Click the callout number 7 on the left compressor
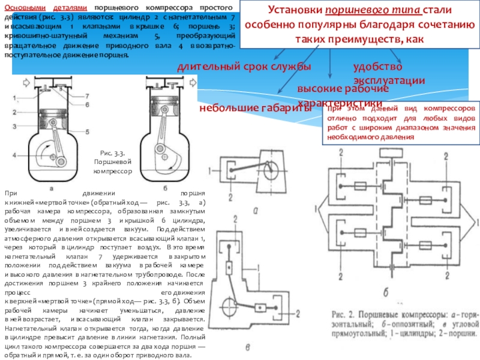tap(88, 95)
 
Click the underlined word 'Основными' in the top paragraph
tap(22, 5)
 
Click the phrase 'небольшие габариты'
tap(255, 108)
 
